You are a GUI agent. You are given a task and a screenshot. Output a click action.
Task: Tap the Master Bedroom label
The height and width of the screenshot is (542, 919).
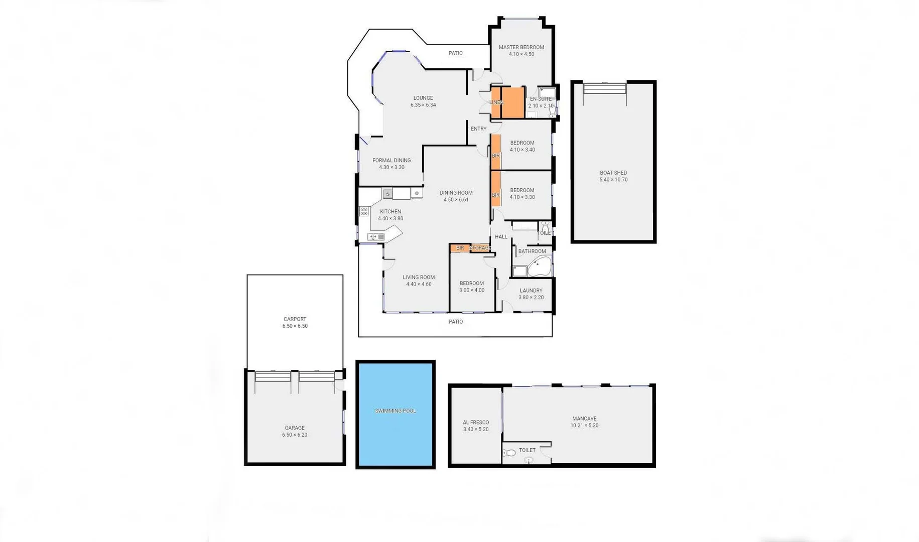521,47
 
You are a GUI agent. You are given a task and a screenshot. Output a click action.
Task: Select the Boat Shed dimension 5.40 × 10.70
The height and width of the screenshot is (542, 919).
613,180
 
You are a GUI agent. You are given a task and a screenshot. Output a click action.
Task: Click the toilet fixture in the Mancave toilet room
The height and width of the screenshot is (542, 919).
510,453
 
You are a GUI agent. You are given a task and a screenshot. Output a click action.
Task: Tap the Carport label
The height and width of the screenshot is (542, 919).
295,319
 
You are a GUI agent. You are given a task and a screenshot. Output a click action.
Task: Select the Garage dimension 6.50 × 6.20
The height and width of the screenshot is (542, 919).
295,435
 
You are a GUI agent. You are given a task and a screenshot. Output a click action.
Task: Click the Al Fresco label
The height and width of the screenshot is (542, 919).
475,423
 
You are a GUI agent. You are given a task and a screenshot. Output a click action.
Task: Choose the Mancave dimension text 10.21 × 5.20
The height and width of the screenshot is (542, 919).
584,426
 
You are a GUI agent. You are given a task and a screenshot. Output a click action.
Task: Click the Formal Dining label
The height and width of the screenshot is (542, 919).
391,161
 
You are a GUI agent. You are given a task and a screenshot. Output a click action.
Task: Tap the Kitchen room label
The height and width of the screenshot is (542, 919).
390,212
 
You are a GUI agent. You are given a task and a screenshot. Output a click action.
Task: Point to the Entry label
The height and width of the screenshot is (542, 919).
478,129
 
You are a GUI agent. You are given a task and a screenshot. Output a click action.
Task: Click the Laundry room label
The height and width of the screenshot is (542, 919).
531,291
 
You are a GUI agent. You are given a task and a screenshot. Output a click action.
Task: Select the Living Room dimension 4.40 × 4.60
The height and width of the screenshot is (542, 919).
419,285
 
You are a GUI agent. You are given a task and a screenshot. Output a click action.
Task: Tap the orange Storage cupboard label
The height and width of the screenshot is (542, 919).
480,248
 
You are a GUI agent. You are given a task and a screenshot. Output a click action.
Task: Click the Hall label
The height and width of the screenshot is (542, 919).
501,237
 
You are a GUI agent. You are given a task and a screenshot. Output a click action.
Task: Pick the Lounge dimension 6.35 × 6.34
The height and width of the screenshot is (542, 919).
423,105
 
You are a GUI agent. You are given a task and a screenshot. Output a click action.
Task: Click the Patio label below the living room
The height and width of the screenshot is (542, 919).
455,322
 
